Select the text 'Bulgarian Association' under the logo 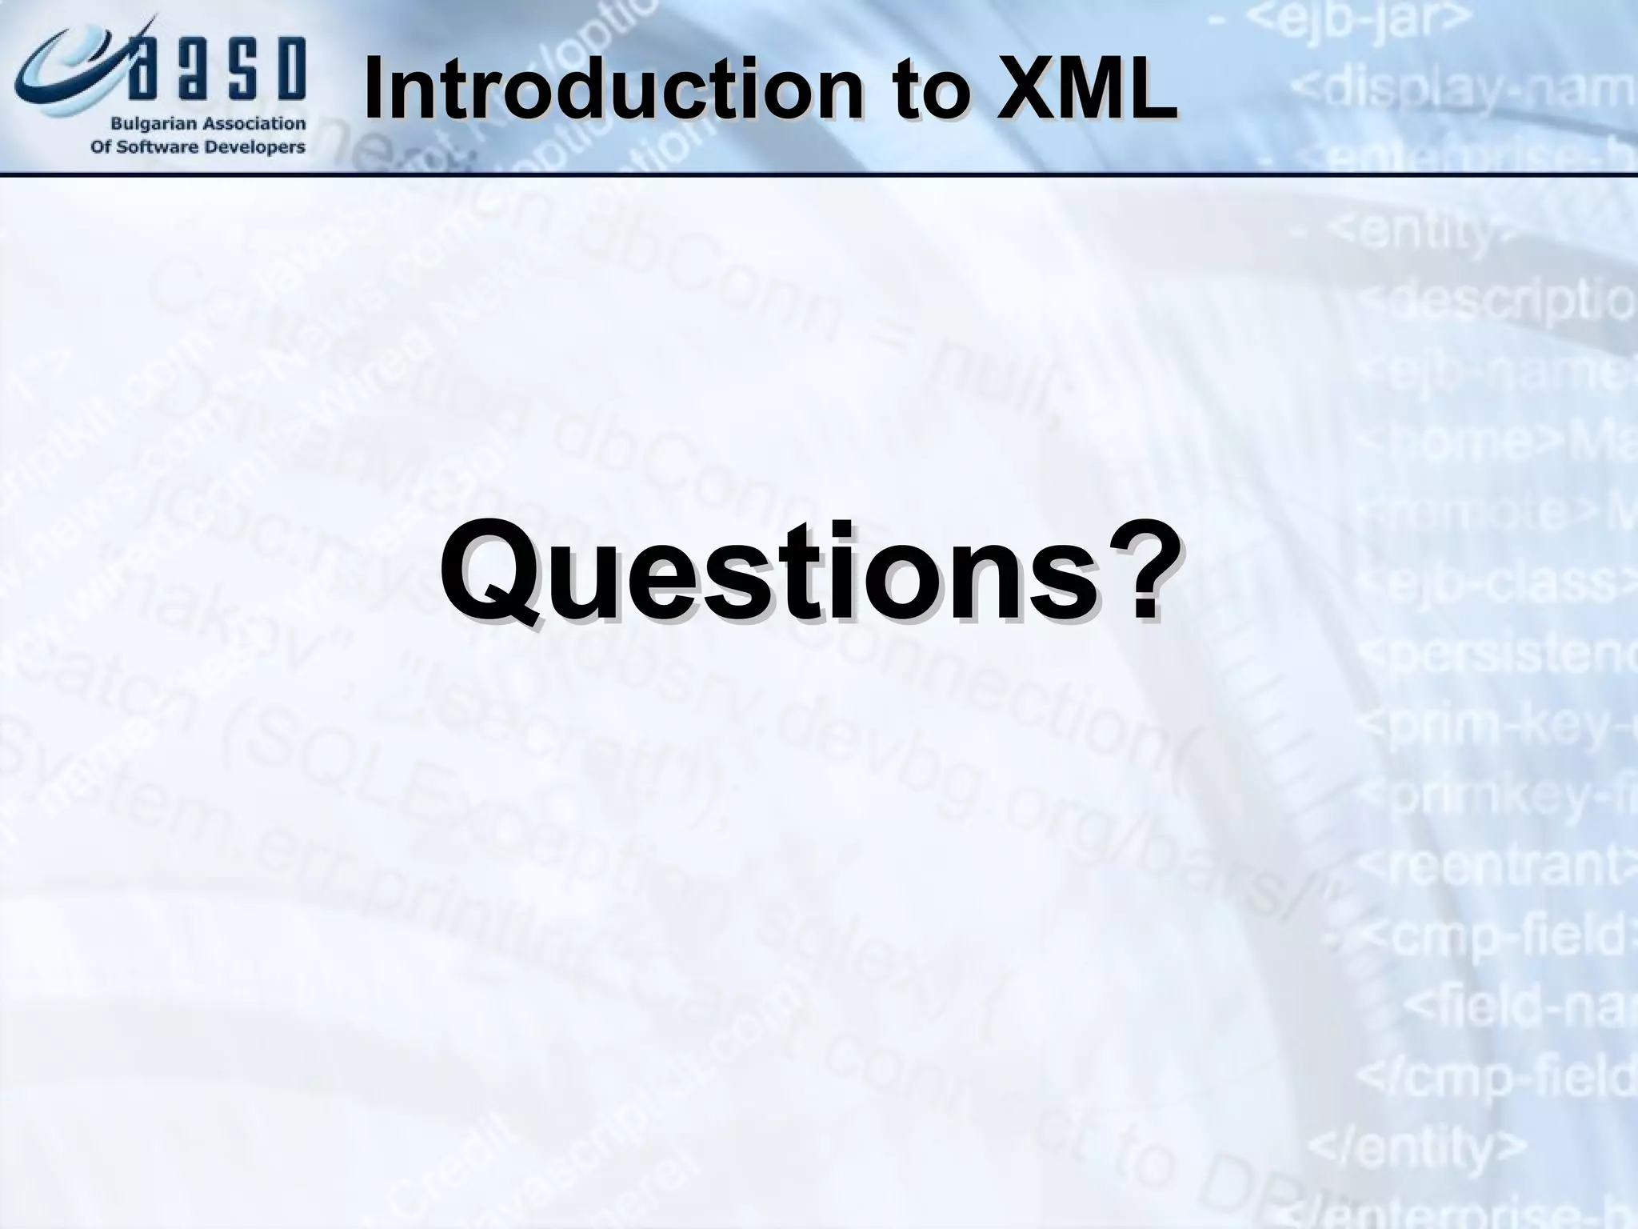pos(208,124)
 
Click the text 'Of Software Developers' pos(198,147)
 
